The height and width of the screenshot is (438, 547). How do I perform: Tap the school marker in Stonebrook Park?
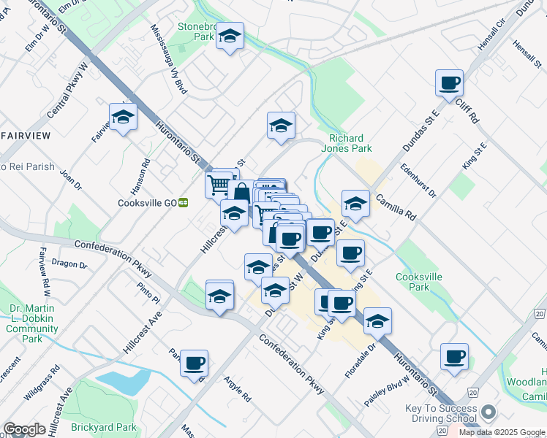click(x=230, y=36)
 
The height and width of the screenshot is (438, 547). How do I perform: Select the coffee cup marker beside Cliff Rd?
click(x=449, y=83)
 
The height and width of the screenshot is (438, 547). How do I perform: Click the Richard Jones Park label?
click(x=346, y=143)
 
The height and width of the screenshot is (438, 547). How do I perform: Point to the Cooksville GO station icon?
click(x=184, y=203)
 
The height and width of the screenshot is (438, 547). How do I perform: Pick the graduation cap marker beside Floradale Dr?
click(x=377, y=321)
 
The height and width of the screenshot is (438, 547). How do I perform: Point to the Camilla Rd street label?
click(x=396, y=207)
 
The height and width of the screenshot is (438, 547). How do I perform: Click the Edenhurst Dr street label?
click(x=418, y=181)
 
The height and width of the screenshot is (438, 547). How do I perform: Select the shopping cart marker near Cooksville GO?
click(x=219, y=185)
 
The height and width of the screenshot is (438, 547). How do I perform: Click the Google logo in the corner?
click(x=24, y=429)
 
